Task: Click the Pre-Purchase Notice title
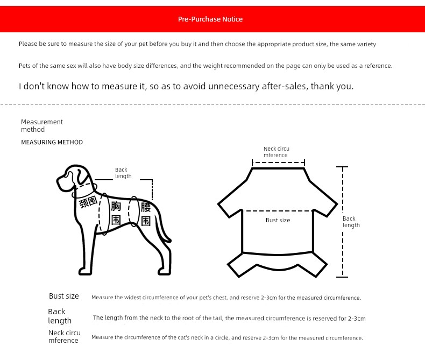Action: [210, 19]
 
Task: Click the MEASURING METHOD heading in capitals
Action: [52, 143]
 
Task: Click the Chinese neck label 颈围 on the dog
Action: [88, 202]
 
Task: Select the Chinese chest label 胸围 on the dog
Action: [116, 213]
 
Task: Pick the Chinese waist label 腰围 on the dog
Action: [145, 214]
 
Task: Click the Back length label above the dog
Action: [123, 173]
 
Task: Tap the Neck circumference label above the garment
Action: [276, 152]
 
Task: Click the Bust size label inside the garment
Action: [278, 220]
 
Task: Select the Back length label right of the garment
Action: [351, 222]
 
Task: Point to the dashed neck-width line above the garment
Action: [278, 162]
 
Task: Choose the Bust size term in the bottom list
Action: [63, 297]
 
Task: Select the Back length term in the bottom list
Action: [59, 316]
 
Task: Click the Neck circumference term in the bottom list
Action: [64, 337]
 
